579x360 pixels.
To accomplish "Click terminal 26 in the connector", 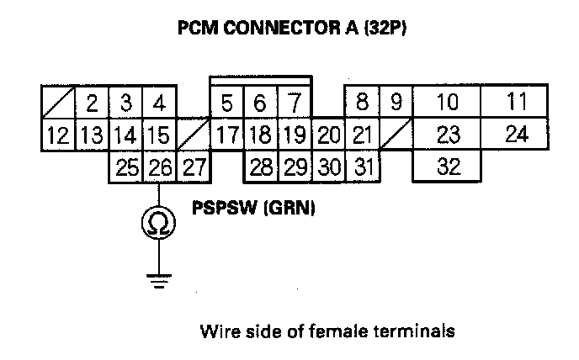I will (x=160, y=167).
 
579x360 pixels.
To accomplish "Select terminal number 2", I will (x=93, y=103).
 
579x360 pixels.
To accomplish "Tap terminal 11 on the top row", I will (x=518, y=103).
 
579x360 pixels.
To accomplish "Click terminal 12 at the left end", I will (x=57, y=135).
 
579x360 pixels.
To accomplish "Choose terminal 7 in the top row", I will (x=294, y=103).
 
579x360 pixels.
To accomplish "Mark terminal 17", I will (x=226, y=135).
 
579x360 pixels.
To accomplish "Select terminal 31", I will (x=362, y=167).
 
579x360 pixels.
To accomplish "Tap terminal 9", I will (x=396, y=103).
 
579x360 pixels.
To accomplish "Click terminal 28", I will (x=261, y=167).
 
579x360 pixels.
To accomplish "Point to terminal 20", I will (x=329, y=135).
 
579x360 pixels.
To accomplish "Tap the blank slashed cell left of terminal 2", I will (x=58, y=103).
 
